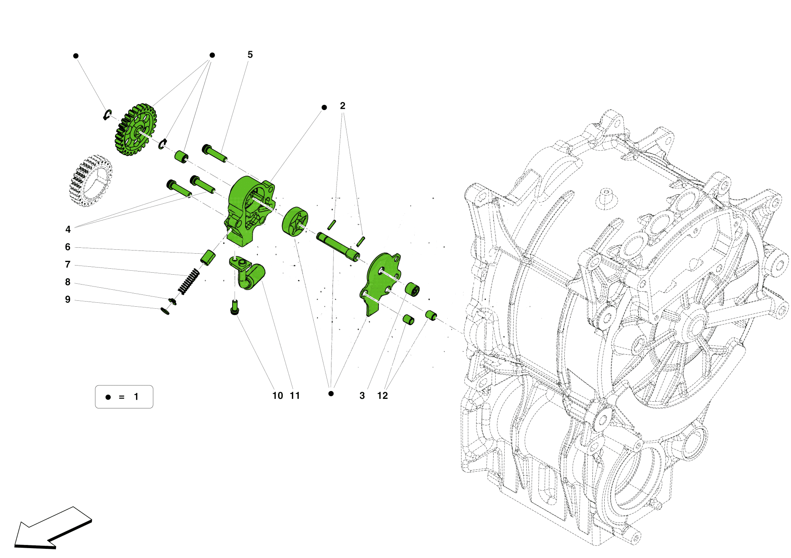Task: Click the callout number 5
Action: point(250,55)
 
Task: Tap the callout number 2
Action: point(343,106)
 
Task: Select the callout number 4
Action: point(68,230)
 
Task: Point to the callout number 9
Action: point(68,300)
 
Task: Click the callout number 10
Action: point(278,396)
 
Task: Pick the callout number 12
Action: point(382,396)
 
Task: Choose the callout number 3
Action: point(362,396)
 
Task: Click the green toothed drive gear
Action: point(136,129)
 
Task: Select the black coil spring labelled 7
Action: point(188,281)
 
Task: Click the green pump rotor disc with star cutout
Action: point(295,222)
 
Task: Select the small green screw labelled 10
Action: point(235,307)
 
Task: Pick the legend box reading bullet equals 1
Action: point(124,397)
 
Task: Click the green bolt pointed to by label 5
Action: point(214,154)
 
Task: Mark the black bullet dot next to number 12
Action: point(331,393)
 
